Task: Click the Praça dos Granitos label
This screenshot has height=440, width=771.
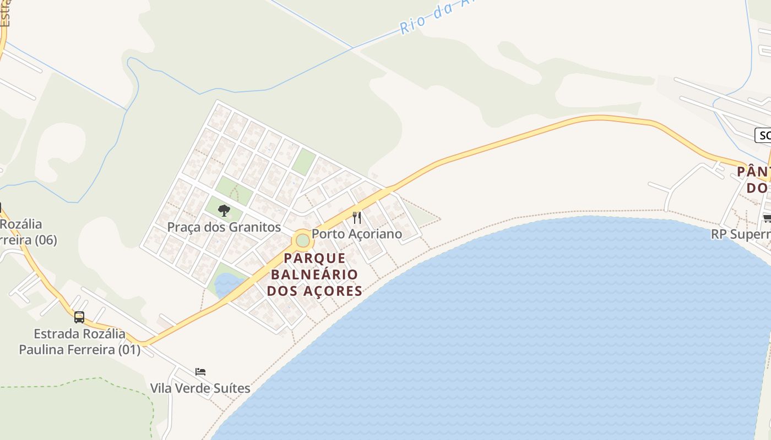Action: [224, 227]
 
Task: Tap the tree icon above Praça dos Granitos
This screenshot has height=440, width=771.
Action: [224, 210]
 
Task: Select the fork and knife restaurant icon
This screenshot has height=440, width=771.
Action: [357, 218]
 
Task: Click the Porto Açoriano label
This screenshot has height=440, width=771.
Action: [357, 234]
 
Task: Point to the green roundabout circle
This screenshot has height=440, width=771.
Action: [302, 240]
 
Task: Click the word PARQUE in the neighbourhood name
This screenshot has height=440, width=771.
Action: [314, 258]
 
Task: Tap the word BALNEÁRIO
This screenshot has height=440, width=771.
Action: [314, 274]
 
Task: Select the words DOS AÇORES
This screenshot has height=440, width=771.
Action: [314, 290]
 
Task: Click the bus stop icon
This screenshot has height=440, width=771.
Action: [79, 317]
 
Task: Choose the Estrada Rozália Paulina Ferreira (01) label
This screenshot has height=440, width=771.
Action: [80, 342]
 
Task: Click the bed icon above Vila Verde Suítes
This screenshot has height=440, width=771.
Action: [200, 372]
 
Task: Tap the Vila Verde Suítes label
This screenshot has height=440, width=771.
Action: [200, 388]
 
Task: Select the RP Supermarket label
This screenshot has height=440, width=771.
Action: [741, 234]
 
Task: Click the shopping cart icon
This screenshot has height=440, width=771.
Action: [767, 219]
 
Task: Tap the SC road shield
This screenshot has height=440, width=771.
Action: [763, 135]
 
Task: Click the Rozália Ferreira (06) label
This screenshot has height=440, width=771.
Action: [28, 232]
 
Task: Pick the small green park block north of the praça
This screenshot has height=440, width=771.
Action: [303, 162]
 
